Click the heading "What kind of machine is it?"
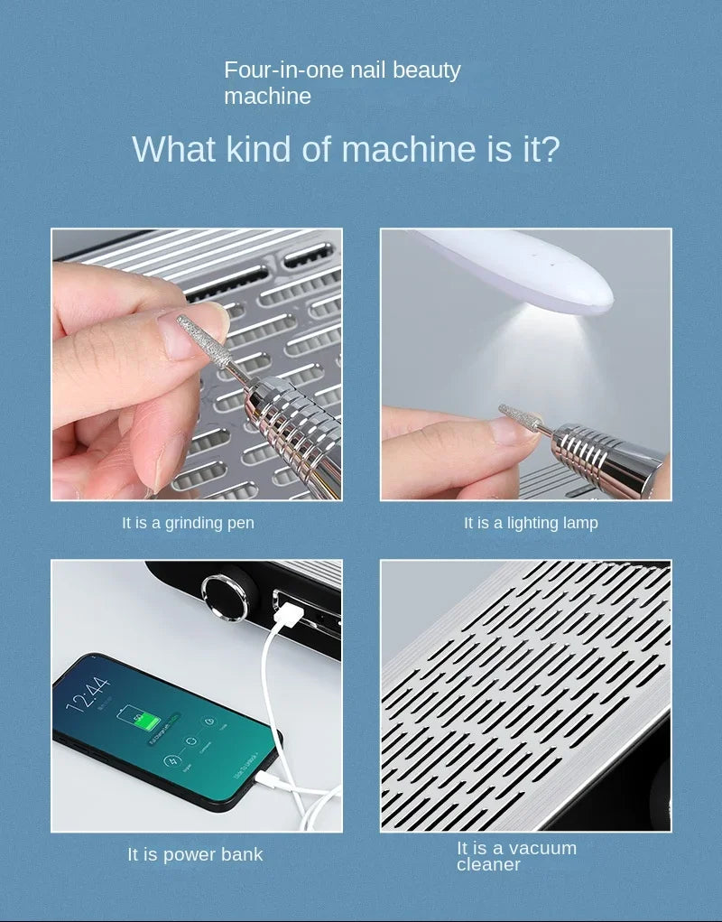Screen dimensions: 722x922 click(x=346, y=149)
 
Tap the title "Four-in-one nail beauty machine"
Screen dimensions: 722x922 click(x=342, y=83)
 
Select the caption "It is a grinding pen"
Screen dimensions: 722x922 click(x=188, y=523)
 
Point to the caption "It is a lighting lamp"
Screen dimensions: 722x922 click(x=531, y=523)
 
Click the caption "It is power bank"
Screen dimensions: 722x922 click(x=195, y=854)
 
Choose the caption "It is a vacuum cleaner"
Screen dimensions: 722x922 click(x=516, y=856)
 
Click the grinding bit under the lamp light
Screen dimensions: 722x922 click(x=520, y=416)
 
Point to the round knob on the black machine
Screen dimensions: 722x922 click(x=225, y=598)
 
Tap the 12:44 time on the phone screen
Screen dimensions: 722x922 click(x=88, y=694)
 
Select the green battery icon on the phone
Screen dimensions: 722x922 click(x=140, y=718)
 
